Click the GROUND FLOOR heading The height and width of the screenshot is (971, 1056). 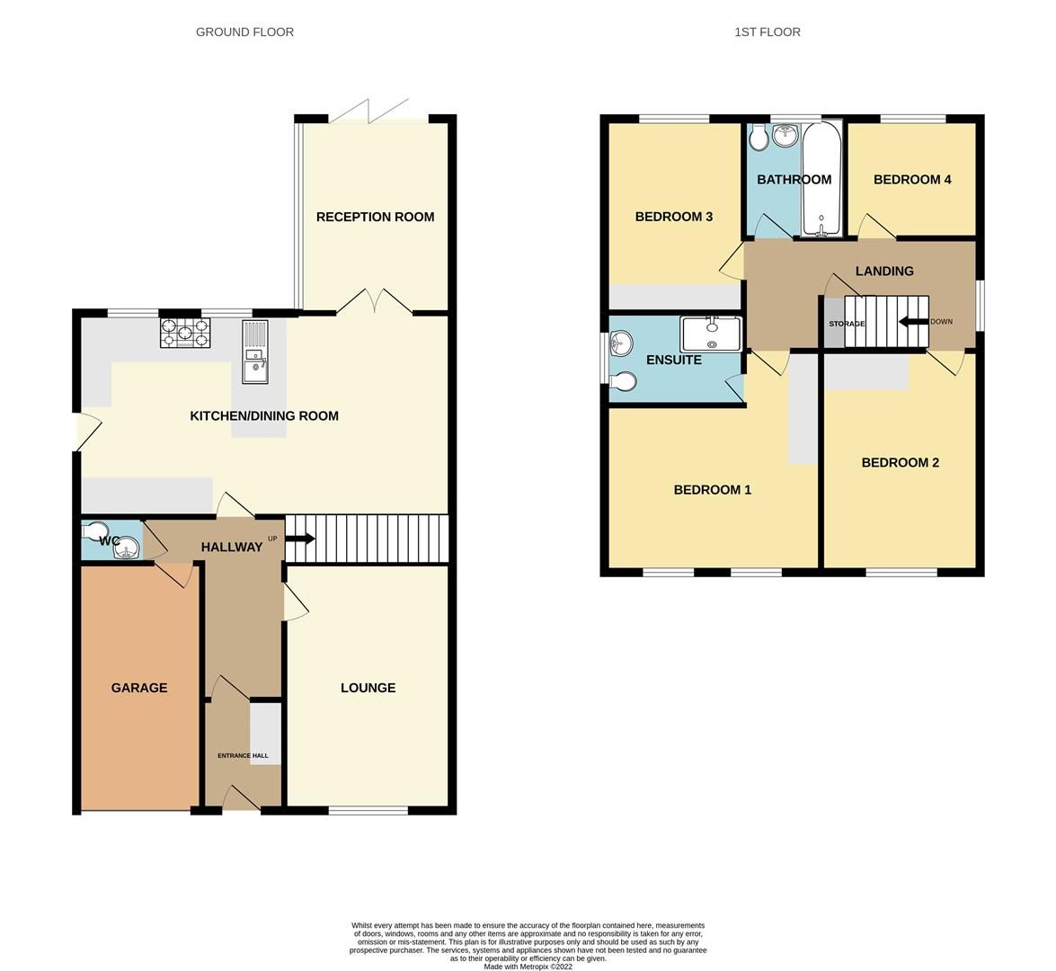click(x=244, y=31)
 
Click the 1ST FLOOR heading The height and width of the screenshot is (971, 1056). click(x=767, y=31)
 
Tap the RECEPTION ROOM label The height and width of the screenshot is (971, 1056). click(x=375, y=217)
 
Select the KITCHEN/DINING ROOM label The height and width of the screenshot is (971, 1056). click(x=264, y=415)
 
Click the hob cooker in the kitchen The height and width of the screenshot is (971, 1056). click(x=186, y=334)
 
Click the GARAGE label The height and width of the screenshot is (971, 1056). click(x=139, y=688)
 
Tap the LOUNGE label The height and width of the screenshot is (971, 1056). click(x=368, y=688)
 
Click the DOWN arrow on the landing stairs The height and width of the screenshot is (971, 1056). click(x=914, y=322)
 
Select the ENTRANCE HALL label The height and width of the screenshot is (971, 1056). click(x=243, y=756)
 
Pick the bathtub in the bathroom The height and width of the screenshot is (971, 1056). click(x=821, y=178)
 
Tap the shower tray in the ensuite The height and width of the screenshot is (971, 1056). click(x=712, y=334)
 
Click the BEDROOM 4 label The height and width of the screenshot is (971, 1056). click(x=912, y=179)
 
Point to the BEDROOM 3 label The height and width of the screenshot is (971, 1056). click(x=674, y=217)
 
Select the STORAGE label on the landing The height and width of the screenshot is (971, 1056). click(x=847, y=324)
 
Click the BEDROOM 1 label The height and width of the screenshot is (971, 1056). click(x=713, y=490)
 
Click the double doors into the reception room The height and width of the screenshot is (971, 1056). click(x=375, y=301)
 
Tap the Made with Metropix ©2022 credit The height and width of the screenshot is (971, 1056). click(x=528, y=967)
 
